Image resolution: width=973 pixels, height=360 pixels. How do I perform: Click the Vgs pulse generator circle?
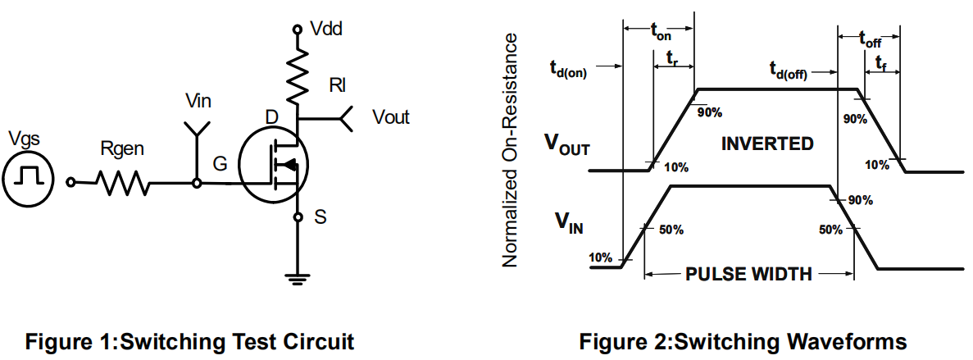click(29, 177)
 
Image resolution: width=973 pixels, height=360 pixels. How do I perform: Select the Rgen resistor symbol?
click(124, 183)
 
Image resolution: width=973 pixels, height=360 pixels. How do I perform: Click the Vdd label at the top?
click(326, 30)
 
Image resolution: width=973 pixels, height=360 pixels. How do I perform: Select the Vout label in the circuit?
click(390, 117)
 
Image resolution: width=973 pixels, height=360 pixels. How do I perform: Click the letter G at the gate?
click(220, 165)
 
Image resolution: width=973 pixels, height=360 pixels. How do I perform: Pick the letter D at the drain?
click(272, 118)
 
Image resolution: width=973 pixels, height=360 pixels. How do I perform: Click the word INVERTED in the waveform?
click(767, 144)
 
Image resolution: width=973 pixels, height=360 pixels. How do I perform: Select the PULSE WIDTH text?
click(748, 274)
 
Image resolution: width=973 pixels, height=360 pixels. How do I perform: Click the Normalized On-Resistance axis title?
click(510, 150)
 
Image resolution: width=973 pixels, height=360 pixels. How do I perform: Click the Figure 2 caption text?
click(743, 341)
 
